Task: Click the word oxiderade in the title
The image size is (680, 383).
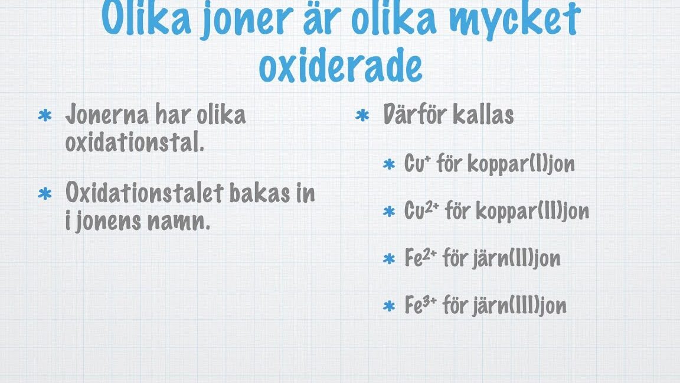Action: (341, 66)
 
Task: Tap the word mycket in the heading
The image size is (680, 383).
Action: (515, 20)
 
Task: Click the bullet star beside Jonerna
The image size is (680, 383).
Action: (45, 115)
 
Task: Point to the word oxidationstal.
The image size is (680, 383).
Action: (135, 142)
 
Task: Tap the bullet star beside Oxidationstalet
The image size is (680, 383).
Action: (45, 194)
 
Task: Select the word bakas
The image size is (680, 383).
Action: (259, 192)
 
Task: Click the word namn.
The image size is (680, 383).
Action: (179, 222)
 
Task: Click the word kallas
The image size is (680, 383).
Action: (483, 114)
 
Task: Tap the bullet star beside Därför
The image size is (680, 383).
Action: (362, 115)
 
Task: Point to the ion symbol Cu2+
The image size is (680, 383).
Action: (421, 210)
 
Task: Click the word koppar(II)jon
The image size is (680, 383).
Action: (532, 211)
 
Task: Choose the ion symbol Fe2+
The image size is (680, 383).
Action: (420, 258)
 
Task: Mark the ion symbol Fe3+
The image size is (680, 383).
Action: (420, 304)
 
